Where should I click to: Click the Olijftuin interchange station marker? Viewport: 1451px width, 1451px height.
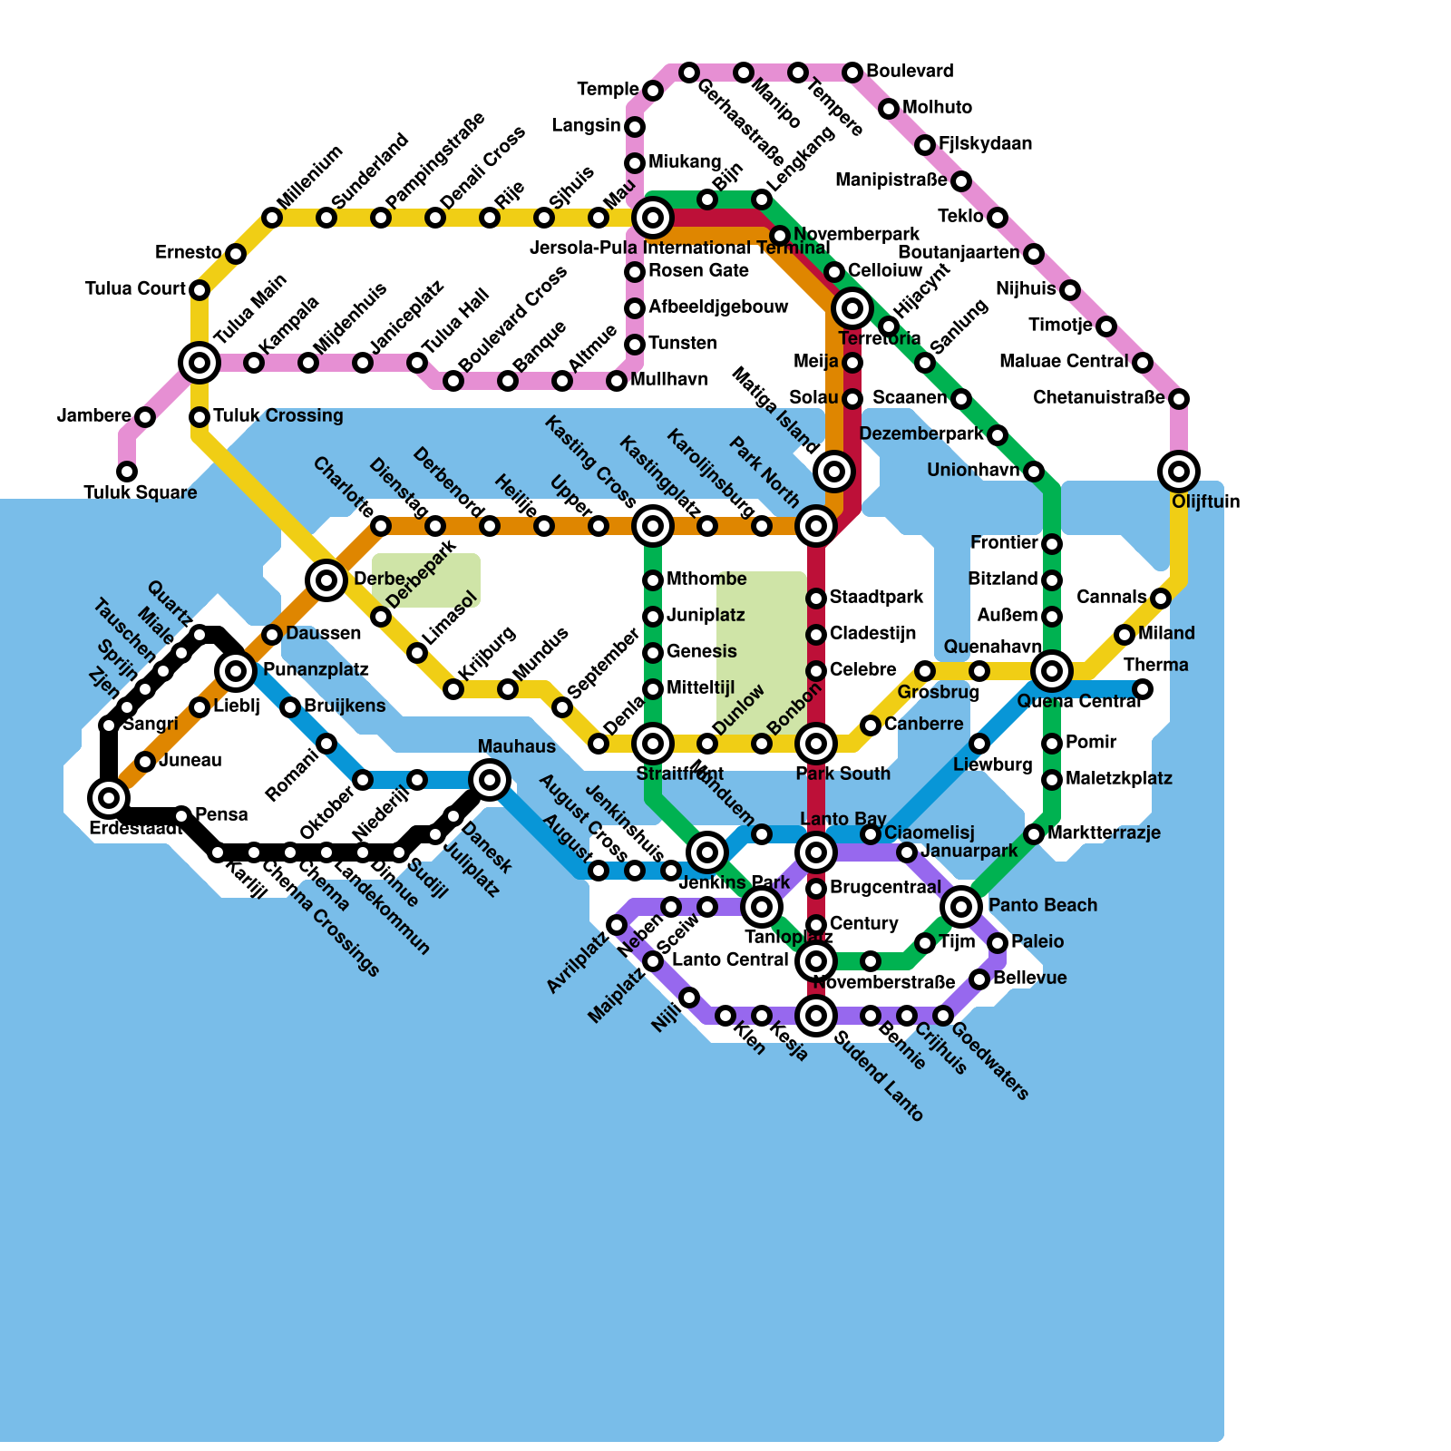1179,471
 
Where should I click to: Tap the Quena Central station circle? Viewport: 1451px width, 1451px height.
1052,671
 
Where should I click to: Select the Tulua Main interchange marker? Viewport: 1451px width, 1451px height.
200,363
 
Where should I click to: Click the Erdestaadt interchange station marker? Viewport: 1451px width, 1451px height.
109,798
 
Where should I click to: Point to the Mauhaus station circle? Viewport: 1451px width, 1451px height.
490,779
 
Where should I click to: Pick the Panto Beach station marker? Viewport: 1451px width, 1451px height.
961,905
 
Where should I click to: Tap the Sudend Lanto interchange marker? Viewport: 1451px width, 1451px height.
816,1015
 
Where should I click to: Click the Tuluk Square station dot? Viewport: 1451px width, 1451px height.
127,472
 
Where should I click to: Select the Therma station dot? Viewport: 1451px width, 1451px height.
1143,689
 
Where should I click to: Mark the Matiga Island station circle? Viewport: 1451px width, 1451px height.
835,471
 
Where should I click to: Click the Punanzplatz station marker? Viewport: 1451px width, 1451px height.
236,671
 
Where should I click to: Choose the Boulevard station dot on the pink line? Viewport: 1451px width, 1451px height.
852,72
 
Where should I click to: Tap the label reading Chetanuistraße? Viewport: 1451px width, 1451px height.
1098,398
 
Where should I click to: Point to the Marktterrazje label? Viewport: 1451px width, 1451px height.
1104,833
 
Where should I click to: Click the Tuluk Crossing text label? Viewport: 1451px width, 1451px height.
278,416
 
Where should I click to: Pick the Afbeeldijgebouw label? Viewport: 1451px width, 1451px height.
718,307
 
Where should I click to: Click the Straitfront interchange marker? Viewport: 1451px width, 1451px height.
653,744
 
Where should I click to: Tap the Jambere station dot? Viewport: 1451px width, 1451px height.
145,417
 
